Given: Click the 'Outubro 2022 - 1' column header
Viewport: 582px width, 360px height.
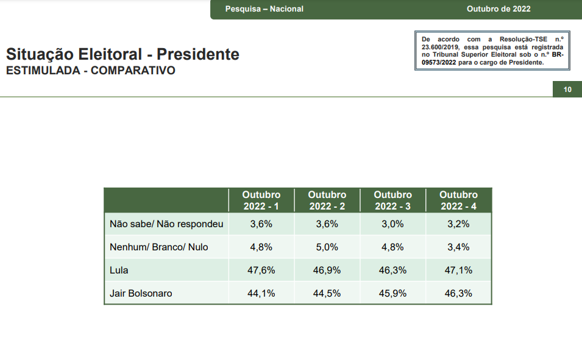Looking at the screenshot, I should tap(261, 200).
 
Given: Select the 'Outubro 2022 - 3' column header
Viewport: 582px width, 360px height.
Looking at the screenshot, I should tap(392, 200).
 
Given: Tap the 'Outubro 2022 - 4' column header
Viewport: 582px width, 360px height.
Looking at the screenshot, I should tap(458, 200).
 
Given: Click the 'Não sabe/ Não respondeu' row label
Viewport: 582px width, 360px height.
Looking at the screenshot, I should tap(166, 224).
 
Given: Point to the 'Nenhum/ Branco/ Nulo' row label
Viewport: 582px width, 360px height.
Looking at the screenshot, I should tap(159, 247).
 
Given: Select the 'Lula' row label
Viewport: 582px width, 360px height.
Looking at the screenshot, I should tap(119, 270).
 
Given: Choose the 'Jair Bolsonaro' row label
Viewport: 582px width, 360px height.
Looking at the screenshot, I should tap(141, 293).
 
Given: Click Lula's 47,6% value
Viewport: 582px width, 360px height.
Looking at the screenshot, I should tap(261, 270).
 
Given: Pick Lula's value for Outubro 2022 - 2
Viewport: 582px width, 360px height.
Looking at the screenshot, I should tap(327, 270).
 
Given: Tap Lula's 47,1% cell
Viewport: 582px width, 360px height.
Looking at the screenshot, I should tap(458, 270).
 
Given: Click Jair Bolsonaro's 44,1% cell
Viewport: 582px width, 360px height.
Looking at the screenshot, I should tap(261, 293).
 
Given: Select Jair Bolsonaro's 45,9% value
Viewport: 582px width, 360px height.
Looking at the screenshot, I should tap(392, 293).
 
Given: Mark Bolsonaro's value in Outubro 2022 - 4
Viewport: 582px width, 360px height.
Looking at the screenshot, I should tap(458, 293).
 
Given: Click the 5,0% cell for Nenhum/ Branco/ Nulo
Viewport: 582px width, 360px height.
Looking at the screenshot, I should tap(327, 247).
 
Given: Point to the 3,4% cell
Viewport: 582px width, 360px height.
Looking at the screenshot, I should tap(458, 247).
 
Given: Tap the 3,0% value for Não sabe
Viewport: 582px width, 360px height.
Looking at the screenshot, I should tap(392, 224).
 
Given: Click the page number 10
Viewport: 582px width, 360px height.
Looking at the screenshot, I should tap(567, 90).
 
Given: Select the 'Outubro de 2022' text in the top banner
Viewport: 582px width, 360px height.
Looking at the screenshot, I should tap(499, 9).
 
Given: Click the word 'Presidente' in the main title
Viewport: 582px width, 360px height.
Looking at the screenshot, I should tap(198, 54).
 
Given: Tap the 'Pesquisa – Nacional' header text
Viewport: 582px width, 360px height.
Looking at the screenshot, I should tap(264, 9).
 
